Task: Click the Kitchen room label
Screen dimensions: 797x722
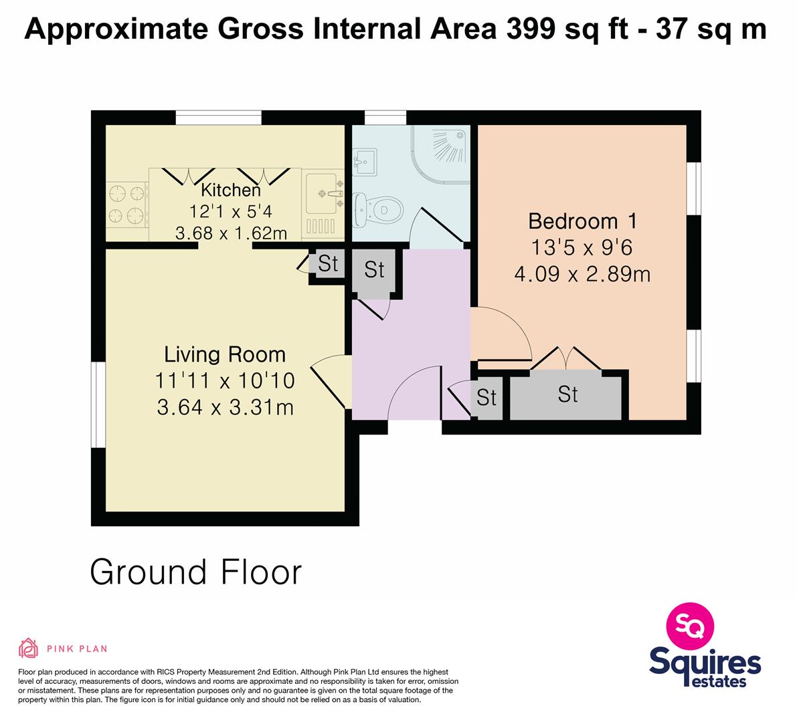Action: (x=231, y=190)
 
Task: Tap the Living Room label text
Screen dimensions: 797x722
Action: (x=225, y=354)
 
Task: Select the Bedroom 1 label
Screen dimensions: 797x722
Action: (x=582, y=221)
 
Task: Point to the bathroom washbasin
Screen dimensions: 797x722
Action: (x=365, y=162)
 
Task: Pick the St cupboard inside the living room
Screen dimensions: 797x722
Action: (x=327, y=263)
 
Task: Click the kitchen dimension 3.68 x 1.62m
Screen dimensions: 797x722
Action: (x=232, y=233)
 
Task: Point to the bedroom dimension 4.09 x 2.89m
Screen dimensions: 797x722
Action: (x=582, y=274)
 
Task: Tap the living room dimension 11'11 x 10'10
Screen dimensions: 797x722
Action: (x=225, y=381)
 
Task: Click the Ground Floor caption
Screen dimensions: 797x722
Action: (x=195, y=572)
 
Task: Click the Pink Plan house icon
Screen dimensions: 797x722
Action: (x=29, y=648)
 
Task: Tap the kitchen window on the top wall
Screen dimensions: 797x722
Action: (x=219, y=118)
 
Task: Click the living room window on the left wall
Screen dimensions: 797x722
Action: (x=98, y=404)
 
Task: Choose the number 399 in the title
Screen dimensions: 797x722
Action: (x=531, y=29)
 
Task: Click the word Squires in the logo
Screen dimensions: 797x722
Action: (x=705, y=662)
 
